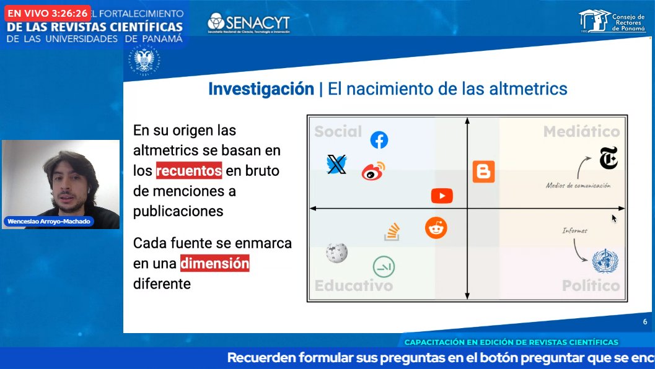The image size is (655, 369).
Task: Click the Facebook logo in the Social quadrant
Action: pyautogui.click(x=379, y=140)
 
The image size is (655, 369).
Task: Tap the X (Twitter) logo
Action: pyautogui.click(x=336, y=164)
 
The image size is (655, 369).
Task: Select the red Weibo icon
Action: pyautogui.click(x=373, y=171)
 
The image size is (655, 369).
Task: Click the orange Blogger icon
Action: pyautogui.click(x=483, y=171)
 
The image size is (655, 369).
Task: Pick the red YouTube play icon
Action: pyautogui.click(x=442, y=196)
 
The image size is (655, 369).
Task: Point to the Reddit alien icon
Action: pyautogui.click(x=436, y=228)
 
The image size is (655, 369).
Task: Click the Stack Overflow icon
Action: pyautogui.click(x=392, y=232)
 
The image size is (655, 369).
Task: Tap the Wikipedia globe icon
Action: pyautogui.click(x=336, y=252)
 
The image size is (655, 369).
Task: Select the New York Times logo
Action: pyautogui.click(x=609, y=158)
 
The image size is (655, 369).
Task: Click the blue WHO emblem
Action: pyautogui.click(x=605, y=261)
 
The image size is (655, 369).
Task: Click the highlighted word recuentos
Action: pyautogui.click(x=189, y=170)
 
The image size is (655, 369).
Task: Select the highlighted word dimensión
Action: pyautogui.click(x=214, y=264)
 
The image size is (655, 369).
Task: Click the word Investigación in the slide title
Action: pyautogui.click(x=261, y=89)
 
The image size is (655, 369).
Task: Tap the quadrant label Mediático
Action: pyautogui.click(x=581, y=131)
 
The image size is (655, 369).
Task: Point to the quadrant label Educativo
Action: pyautogui.click(x=353, y=285)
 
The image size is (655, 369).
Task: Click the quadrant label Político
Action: pyautogui.click(x=591, y=285)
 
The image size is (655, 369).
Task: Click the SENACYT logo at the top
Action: pyautogui.click(x=248, y=24)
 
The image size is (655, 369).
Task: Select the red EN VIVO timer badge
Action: pyautogui.click(x=47, y=13)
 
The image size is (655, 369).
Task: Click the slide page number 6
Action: pyautogui.click(x=644, y=322)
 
